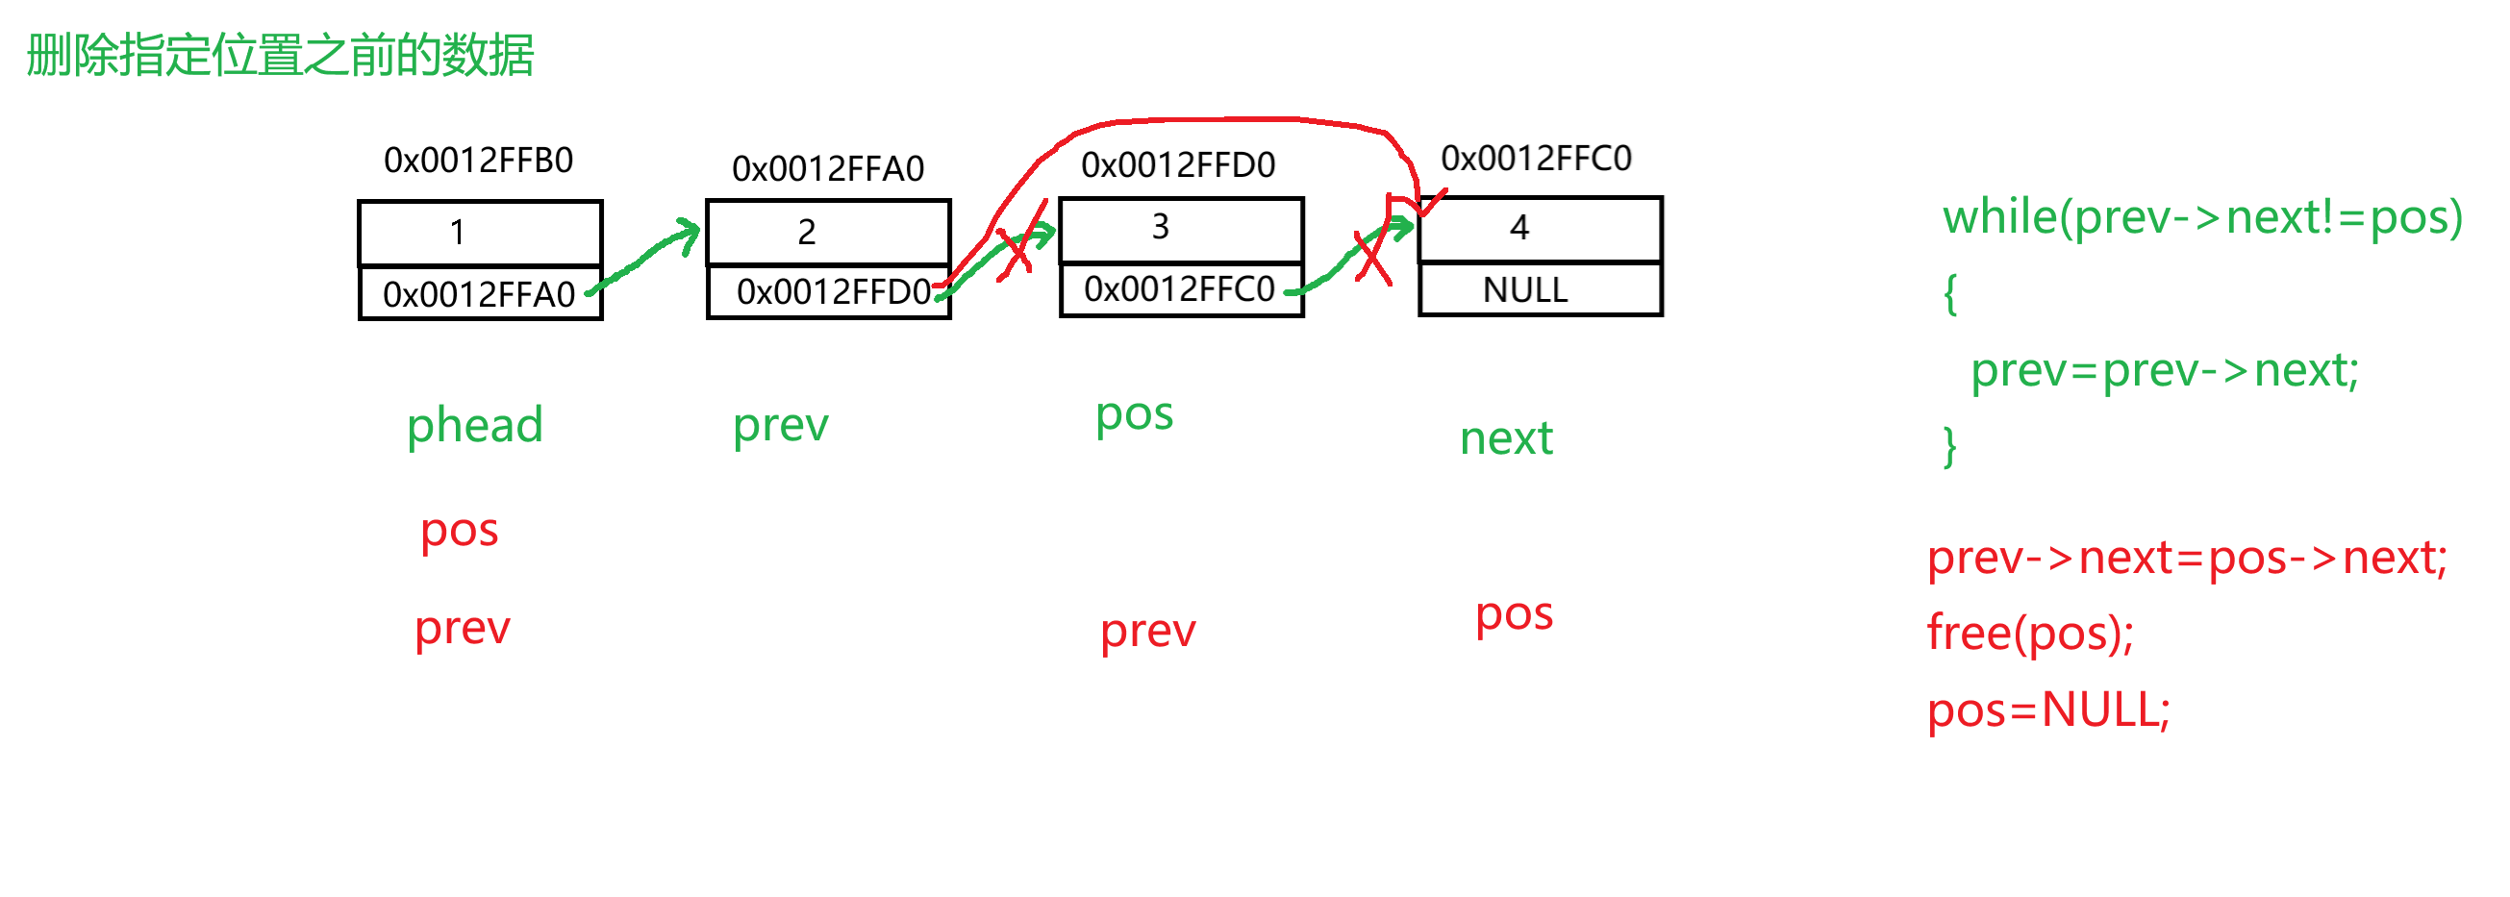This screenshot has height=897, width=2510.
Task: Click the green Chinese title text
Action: pyautogui.click(x=280, y=55)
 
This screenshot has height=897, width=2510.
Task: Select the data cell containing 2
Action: pyautogui.click(x=827, y=232)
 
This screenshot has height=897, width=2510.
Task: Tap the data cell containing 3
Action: pyautogui.click(x=1180, y=229)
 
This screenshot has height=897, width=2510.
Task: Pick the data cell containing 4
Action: pyautogui.click(x=1540, y=229)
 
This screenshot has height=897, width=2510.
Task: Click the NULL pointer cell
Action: pyautogui.click(x=1540, y=290)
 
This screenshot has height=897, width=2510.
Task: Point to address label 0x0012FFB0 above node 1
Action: pyautogui.click(x=478, y=161)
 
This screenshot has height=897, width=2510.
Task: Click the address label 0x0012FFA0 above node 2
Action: pyautogui.click(x=827, y=169)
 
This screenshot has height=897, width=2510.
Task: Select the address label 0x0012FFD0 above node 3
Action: pyautogui.click(x=1178, y=165)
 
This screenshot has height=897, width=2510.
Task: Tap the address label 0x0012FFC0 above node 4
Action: pyautogui.click(x=1536, y=159)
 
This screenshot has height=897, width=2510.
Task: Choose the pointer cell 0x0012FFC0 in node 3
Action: pyautogui.click(x=1179, y=289)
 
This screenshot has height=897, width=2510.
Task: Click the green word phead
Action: pyautogui.click(x=474, y=426)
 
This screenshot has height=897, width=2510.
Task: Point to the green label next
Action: pyautogui.click(x=1505, y=439)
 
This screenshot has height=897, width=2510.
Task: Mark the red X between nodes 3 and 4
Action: pyautogui.click(x=1372, y=257)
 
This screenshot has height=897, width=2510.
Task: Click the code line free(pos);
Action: pyautogui.click(x=2029, y=634)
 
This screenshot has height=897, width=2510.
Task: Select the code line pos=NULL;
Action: pyautogui.click(x=2048, y=710)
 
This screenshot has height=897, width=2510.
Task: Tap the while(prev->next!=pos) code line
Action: pyautogui.click(x=2202, y=217)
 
